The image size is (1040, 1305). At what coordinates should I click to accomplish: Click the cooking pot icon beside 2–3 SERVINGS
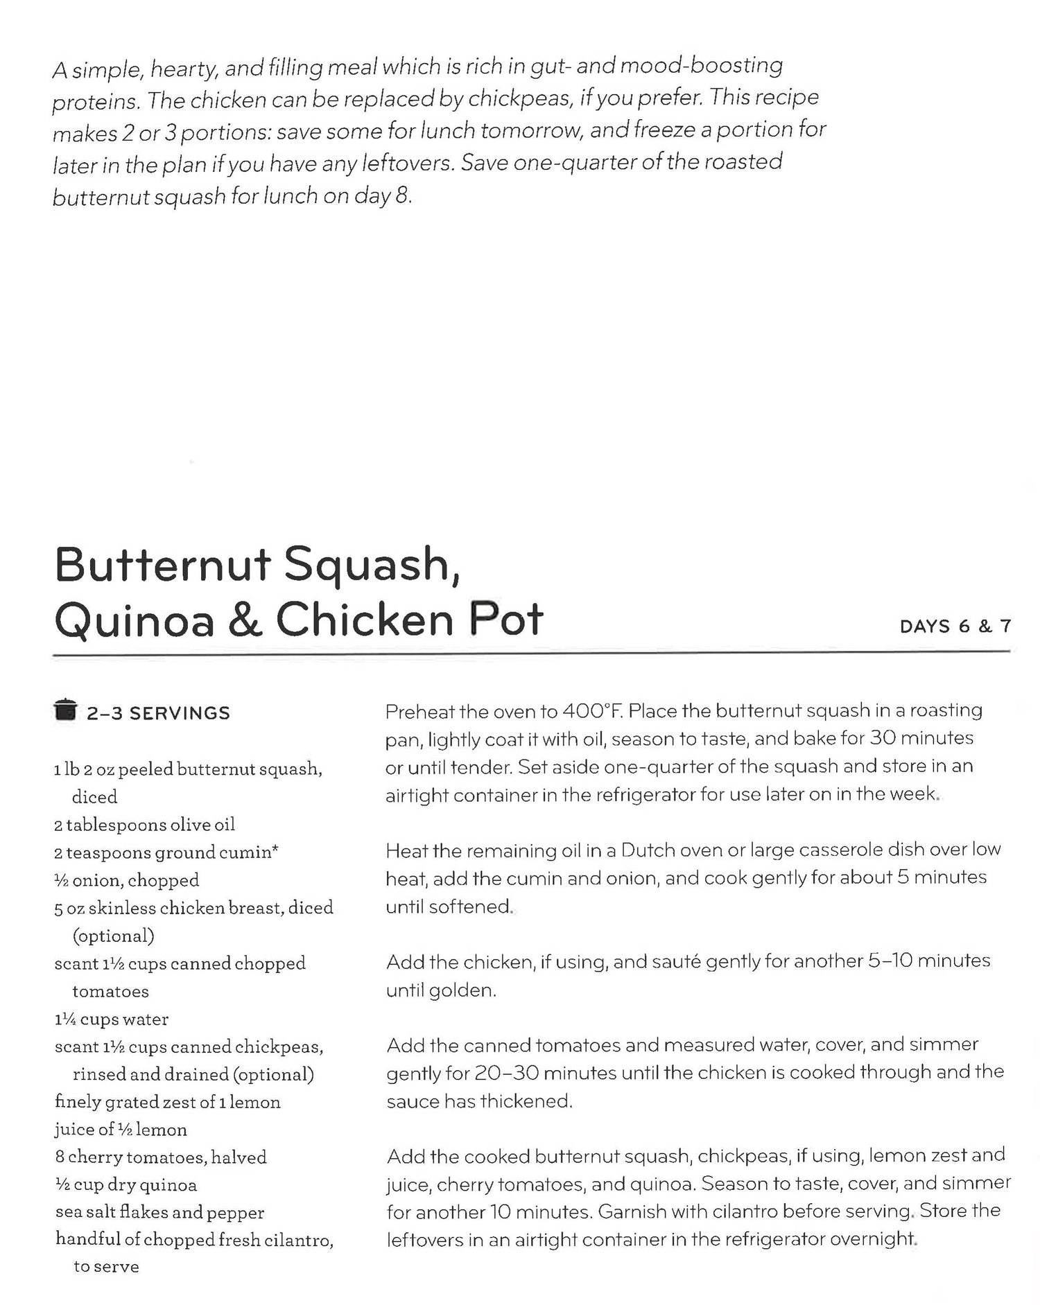(x=64, y=710)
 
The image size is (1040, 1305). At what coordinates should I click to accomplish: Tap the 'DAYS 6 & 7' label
(x=955, y=627)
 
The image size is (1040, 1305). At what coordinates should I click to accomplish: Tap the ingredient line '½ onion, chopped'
(x=127, y=880)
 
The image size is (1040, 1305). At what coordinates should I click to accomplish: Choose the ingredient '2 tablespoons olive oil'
(x=144, y=825)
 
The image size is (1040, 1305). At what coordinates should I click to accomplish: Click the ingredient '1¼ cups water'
(x=111, y=1019)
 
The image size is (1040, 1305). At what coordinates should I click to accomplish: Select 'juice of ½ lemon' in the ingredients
(x=121, y=1130)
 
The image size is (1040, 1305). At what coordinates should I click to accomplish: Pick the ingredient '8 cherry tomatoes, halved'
(x=160, y=1157)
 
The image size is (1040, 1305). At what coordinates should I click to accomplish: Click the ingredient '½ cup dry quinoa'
(x=125, y=1185)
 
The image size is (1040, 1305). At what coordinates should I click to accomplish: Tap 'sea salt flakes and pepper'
(x=159, y=1213)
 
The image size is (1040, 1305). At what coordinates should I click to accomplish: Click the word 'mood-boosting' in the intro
(x=701, y=66)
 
